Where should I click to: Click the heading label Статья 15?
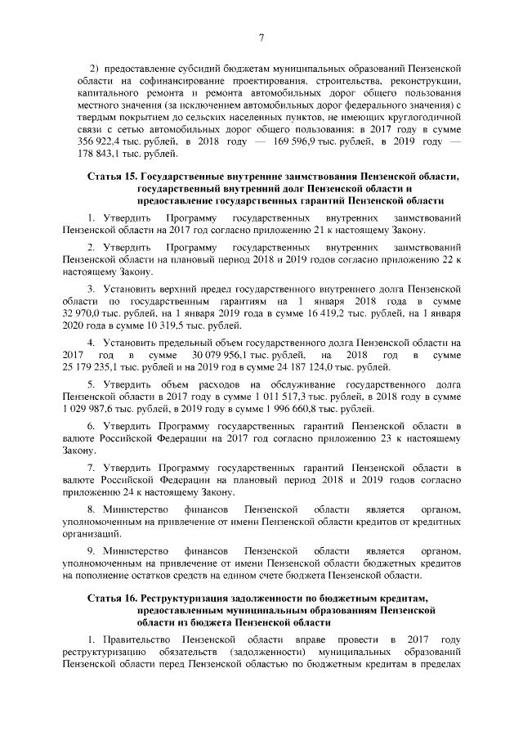point(112,177)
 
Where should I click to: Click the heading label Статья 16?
point(112,599)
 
